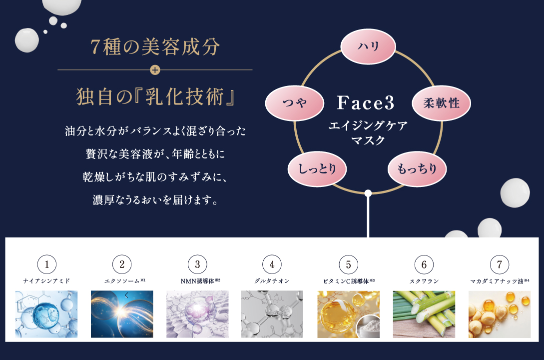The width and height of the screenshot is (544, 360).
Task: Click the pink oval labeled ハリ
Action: [368, 46]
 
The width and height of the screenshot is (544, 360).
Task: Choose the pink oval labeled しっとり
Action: [317, 168]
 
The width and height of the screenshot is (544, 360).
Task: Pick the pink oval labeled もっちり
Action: [417, 168]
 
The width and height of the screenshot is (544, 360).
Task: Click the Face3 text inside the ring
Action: [366, 103]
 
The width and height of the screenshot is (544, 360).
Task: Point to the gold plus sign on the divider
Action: [155, 70]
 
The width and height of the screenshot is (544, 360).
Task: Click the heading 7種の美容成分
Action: [155, 47]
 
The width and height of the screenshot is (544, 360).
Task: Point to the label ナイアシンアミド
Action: [46, 281]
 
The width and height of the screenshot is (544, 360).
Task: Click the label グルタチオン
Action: [272, 281]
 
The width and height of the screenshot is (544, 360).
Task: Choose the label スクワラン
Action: [424, 281]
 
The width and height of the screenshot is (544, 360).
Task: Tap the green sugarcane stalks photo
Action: [424, 314]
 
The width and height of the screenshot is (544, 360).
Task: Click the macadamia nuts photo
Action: [499, 314]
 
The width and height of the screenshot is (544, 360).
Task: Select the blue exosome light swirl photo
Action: [122, 314]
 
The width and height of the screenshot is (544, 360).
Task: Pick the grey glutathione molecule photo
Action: [272, 314]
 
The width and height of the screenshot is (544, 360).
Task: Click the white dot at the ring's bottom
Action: [368, 193]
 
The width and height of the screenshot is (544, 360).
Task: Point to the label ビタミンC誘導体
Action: [346, 281]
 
